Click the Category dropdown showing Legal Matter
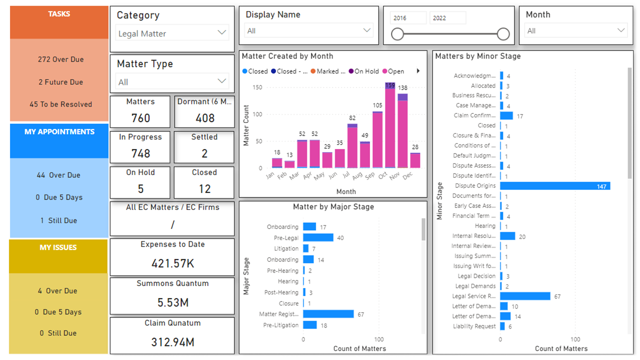(x=172, y=33)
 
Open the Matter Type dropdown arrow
(x=221, y=81)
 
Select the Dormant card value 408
(x=205, y=118)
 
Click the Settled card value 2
(x=204, y=153)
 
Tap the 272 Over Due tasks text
(x=61, y=59)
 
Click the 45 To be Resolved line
(x=61, y=104)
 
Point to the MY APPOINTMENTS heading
(x=59, y=131)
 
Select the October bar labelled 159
(x=390, y=125)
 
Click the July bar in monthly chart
(x=352, y=145)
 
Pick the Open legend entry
(x=393, y=71)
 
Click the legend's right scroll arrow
(x=418, y=71)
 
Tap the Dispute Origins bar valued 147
(x=555, y=186)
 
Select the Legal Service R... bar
(x=525, y=296)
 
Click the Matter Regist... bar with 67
(x=328, y=314)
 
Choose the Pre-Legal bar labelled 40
(x=318, y=237)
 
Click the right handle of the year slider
(x=503, y=34)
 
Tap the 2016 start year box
(x=408, y=18)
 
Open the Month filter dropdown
(x=576, y=30)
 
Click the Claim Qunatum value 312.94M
(x=172, y=342)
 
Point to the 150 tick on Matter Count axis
(x=257, y=87)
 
